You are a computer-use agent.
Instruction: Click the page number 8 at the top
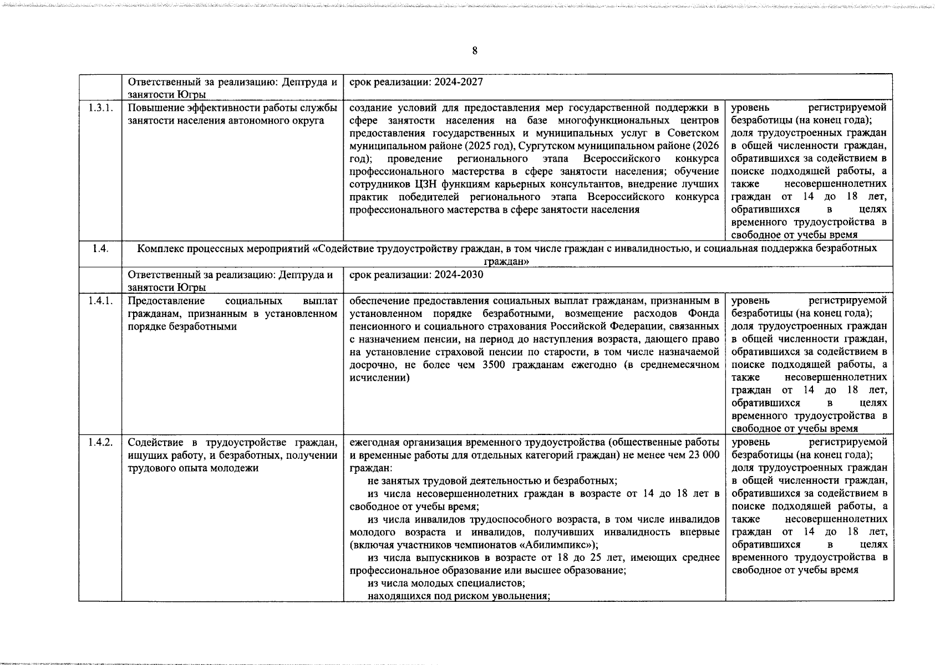474,51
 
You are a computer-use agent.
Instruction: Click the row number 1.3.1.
100,108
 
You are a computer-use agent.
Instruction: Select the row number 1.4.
100,248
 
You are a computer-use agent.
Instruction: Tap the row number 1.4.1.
100,300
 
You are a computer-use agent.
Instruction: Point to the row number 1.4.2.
100,442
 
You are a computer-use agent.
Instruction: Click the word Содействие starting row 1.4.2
151,442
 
